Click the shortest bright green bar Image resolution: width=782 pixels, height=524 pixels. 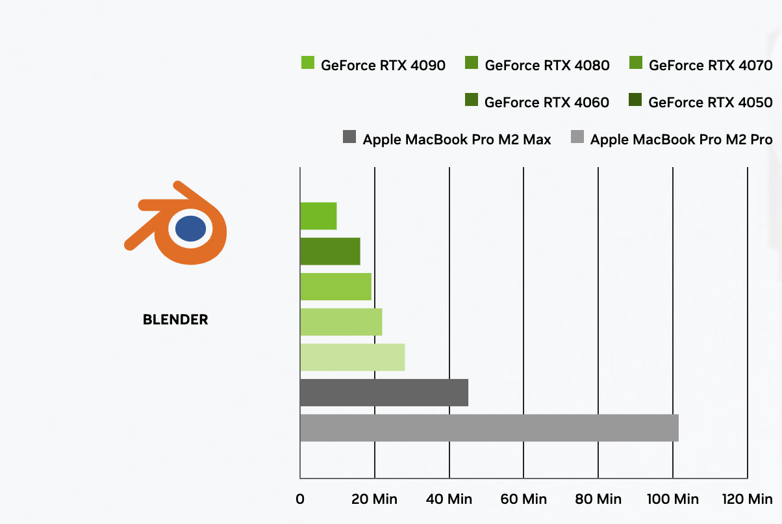tap(318, 216)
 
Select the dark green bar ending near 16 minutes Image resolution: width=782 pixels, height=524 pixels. tap(330, 251)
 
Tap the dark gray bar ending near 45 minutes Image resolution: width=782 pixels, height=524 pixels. tap(384, 393)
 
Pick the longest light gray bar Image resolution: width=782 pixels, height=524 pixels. tap(489, 428)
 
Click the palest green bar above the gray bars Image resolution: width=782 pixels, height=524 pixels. tap(352, 357)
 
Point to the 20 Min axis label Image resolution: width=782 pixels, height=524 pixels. tap(375, 499)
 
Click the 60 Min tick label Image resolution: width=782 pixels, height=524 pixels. tap(524, 499)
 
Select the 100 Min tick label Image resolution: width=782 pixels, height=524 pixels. tap(673, 499)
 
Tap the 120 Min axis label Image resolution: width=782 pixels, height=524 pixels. tap(747, 499)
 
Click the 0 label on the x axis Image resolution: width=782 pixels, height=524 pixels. tap(300, 499)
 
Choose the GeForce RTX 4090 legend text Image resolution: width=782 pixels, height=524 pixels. tap(383, 65)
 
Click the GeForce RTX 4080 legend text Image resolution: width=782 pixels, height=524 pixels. tap(547, 65)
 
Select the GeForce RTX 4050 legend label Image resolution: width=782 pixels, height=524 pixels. tap(711, 102)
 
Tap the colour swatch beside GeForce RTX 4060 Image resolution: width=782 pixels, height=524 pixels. tap(472, 100)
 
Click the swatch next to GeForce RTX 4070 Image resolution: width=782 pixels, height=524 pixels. tap(636, 63)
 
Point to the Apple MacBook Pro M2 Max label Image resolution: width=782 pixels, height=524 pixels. tap(457, 139)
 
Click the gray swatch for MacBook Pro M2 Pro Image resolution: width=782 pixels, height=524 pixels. tap(577, 137)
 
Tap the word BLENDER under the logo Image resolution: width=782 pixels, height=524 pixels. tap(175, 320)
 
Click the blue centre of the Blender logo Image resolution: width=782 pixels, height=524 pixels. tap(190, 228)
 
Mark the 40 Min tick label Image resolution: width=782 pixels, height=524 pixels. tap(449, 499)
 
